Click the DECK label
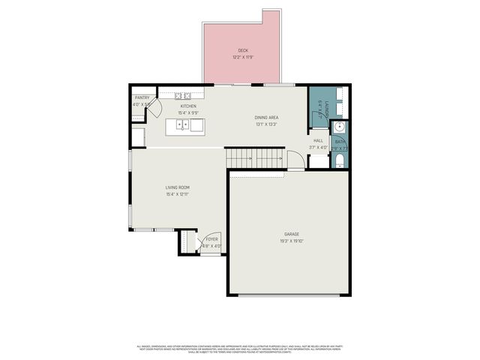(243, 50)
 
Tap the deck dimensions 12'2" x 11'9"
(243, 57)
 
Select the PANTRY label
(142, 97)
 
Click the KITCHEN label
(187, 106)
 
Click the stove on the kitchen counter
(183, 95)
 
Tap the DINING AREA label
(266, 118)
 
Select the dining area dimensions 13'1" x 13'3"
(266, 124)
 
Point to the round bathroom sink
(339, 127)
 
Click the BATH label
(340, 141)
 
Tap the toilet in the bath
(338, 160)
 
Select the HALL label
(319, 140)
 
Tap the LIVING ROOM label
(178, 187)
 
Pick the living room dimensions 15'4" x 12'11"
(178, 194)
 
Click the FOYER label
(212, 239)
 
